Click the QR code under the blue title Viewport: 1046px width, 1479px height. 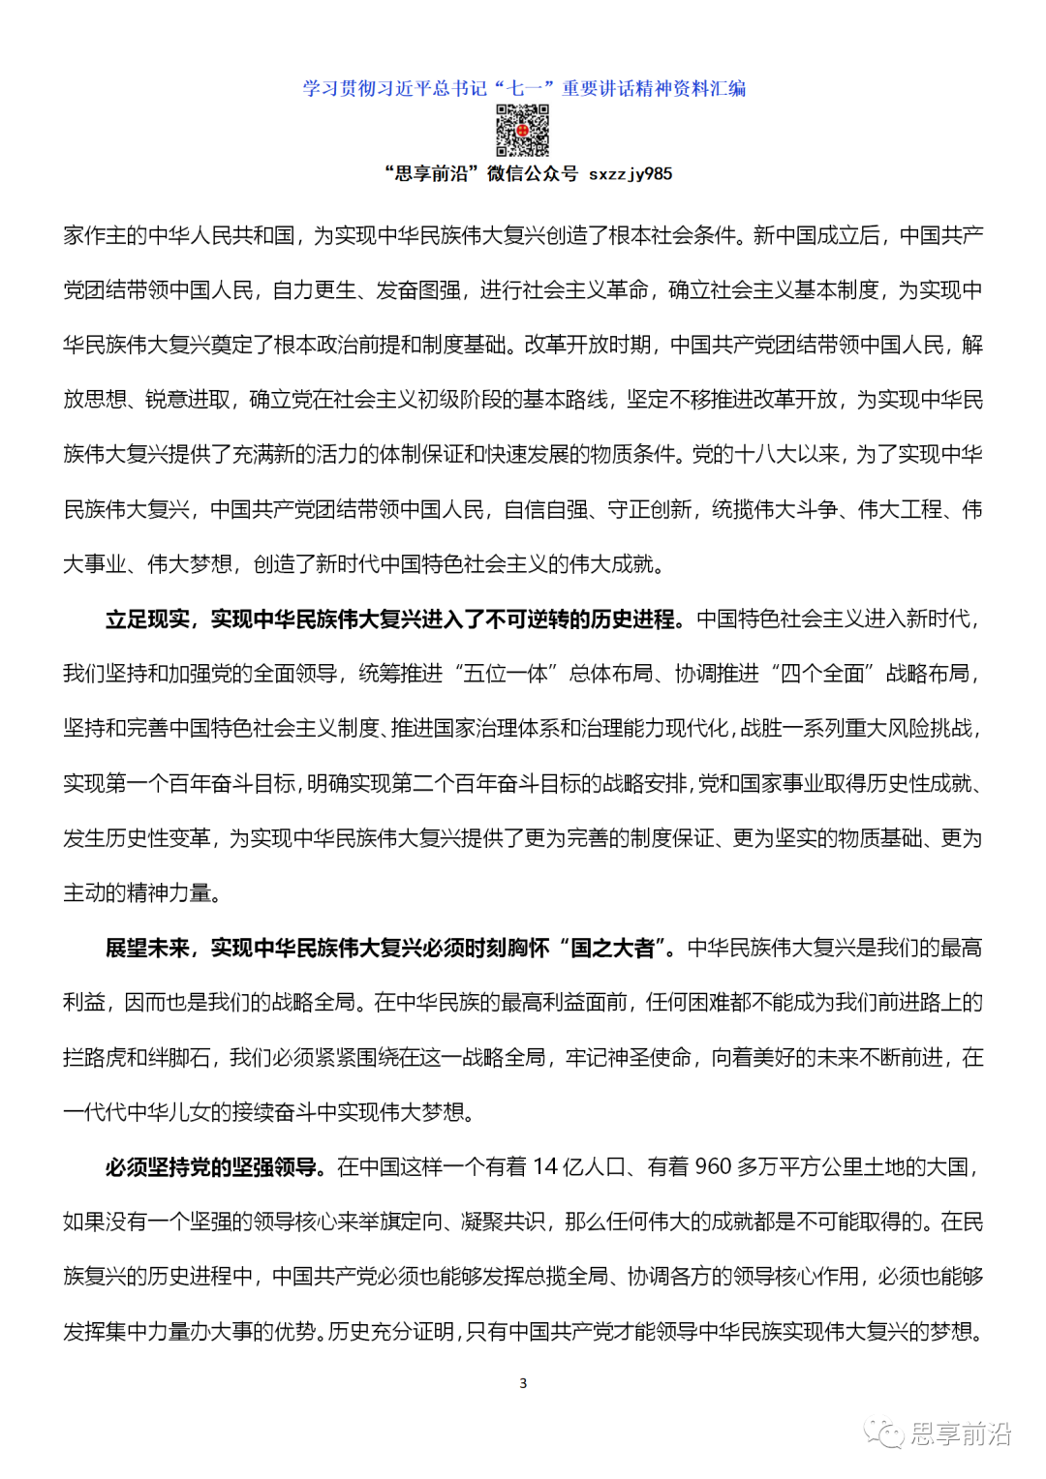click(x=523, y=130)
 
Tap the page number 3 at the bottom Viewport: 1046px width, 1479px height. click(x=523, y=1383)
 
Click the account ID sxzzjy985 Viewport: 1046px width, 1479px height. click(x=631, y=174)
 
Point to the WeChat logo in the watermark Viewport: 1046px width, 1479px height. click(x=884, y=1434)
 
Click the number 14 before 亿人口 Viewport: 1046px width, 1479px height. click(x=545, y=1167)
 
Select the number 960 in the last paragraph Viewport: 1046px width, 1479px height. click(x=713, y=1167)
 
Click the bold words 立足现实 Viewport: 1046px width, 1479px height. click(x=147, y=619)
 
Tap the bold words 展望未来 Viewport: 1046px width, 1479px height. click(x=147, y=949)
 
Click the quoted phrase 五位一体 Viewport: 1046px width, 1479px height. click(x=505, y=674)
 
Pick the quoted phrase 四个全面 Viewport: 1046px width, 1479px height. click(x=822, y=674)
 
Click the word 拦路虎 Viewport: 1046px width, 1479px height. click(x=95, y=1058)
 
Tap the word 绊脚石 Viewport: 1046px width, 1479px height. click(x=178, y=1058)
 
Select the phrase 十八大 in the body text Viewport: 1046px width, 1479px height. click(x=766, y=455)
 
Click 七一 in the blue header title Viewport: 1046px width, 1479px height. click(x=524, y=89)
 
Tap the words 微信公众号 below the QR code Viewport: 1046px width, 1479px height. click(x=532, y=174)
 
